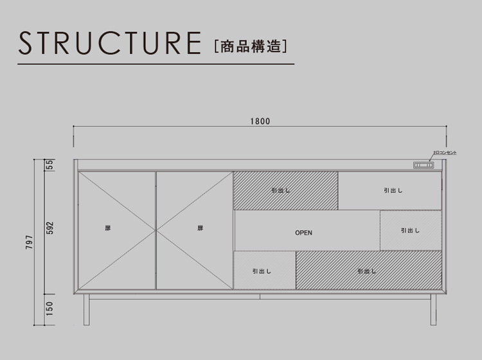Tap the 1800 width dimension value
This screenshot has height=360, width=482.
[x=260, y=121]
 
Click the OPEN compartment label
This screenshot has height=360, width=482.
[x=303, y=233]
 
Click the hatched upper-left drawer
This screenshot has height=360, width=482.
[x=285, y=190]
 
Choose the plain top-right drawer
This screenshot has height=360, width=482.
[x=390, y=190]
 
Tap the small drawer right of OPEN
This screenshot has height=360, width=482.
[x=410, y=230]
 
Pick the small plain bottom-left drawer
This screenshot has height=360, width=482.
[x=263, y=271]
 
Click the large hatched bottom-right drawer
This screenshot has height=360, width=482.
[x=368, y=271]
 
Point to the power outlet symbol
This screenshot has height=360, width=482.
[x=423, y=165]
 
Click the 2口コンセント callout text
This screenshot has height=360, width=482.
[x=444, y=152]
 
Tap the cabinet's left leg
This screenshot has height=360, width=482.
[x=85, y=309]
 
